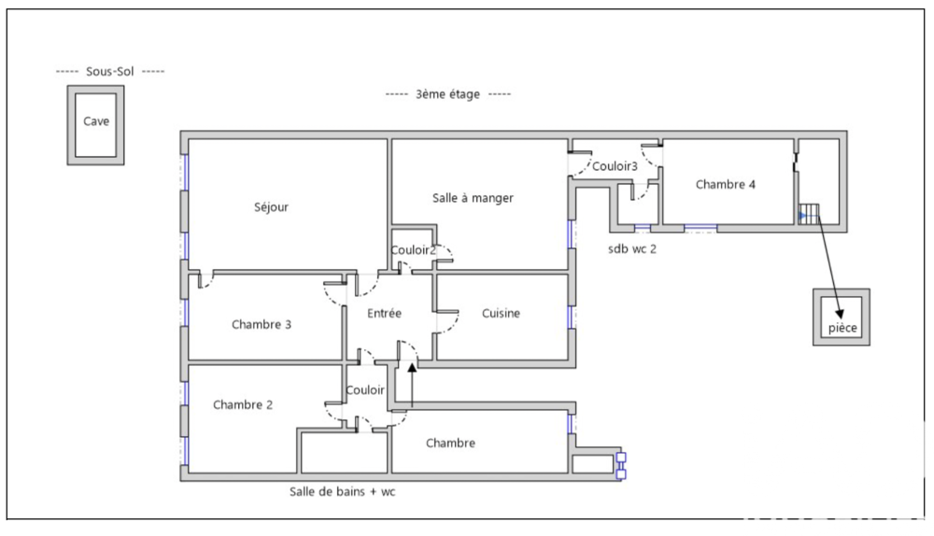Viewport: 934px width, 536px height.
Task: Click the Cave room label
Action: click(x=95, y=121)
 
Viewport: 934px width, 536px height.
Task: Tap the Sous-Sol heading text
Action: click(x=110, y=72)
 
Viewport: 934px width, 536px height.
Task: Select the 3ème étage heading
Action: click(x=448, y=94)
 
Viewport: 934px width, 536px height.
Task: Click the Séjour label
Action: click(x=271, y=207)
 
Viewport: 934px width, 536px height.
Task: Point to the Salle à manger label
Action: click(x=473, y=198)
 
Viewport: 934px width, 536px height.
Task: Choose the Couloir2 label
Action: click(x=413, y=249)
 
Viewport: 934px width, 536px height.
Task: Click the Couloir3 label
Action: click(x=616, y=166)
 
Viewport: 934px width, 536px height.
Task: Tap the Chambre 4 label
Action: click(x=726, y=185)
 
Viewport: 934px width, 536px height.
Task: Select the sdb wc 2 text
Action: click(x=633, y=248)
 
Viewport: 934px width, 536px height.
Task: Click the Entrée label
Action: click(x=384, y=314)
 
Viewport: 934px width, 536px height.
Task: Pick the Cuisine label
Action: click(x=501, y=314)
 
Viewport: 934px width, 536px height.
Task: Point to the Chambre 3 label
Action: click(x=262, y=325)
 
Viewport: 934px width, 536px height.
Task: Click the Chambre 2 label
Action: click(x=243, y=405)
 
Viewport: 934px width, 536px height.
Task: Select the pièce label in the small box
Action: click(x=842, y=329)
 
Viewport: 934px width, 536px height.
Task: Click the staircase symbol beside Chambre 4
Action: click(x=809, y=214)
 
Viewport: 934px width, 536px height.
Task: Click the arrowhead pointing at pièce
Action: click(x=837, y=313)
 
